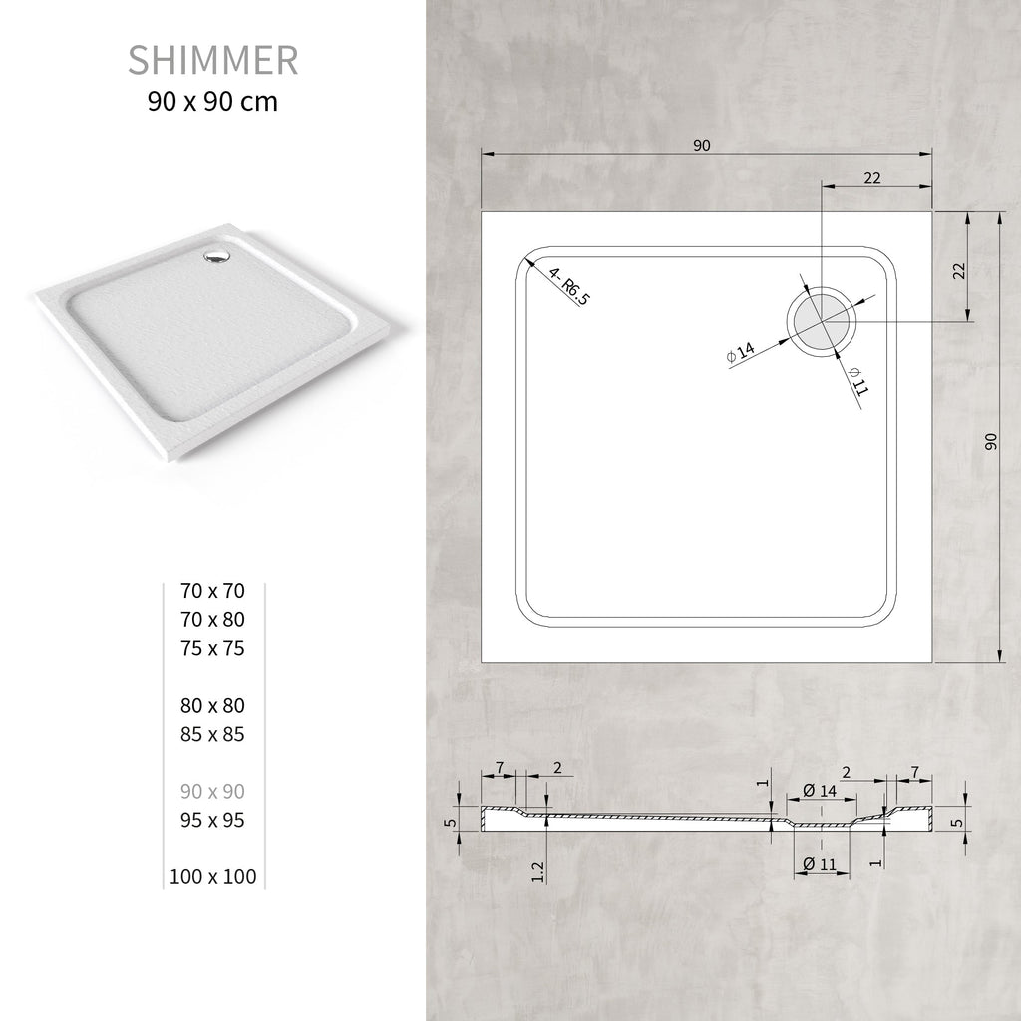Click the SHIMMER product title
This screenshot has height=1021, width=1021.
(x=212, y=60)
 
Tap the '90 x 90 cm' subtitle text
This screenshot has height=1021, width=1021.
(x=212, y=101)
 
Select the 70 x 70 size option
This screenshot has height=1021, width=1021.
(x=212, y=591)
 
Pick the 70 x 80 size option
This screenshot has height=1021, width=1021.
(x=212, y=620)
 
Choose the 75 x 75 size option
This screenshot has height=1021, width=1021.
(x=212, y=649)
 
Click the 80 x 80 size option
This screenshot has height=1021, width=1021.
(x=212, y=706)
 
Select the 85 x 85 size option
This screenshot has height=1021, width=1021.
(x=212, y=735)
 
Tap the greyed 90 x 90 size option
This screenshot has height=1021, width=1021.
(x=212, y=792)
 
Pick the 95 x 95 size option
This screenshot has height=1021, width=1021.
(x=212, y=821)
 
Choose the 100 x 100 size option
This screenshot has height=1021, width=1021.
(x=212, y=877)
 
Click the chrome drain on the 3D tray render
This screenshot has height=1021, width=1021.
(x=215, y=257)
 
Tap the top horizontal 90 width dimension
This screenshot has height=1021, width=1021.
(x=701, y=146)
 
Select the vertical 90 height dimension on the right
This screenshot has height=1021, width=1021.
(x=991, y=441)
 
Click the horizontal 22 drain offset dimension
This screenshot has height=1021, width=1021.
(x=871, y=178)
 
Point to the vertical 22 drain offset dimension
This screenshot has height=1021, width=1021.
(x=959, y=270)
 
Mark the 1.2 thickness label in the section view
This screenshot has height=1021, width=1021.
(x=538, y=870)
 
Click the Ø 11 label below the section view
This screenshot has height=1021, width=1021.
(x=819, y=864)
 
